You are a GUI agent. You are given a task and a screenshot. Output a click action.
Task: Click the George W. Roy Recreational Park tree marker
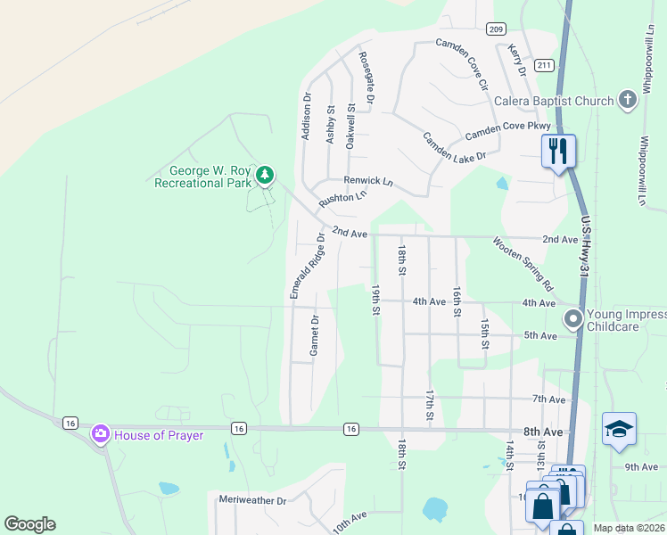click(x=264, y=175)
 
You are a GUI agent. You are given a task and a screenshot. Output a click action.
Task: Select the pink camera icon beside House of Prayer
click(x=100, y=434)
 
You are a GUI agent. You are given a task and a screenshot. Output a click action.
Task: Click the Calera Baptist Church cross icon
click(x=628, y=100)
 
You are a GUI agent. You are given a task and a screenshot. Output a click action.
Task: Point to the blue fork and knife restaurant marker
click(x=559, y=150)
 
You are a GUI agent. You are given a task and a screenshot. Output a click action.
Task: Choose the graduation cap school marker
click(x=619, y=430)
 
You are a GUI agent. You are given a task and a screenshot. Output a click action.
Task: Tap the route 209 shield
click(x=497, y=29)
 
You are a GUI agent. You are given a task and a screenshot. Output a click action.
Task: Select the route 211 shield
click(x=544, y=66)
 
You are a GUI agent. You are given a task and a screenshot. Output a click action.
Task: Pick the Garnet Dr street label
click(x=314, y=335)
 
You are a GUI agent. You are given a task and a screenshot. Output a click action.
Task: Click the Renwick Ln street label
click(x=368, y=181)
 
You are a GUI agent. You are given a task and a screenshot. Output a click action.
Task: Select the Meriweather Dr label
click(x=252, y=501)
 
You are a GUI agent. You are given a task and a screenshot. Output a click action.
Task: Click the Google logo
click(x=29, y=524)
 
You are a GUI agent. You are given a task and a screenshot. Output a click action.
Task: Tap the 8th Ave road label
click(x=544, y=432)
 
